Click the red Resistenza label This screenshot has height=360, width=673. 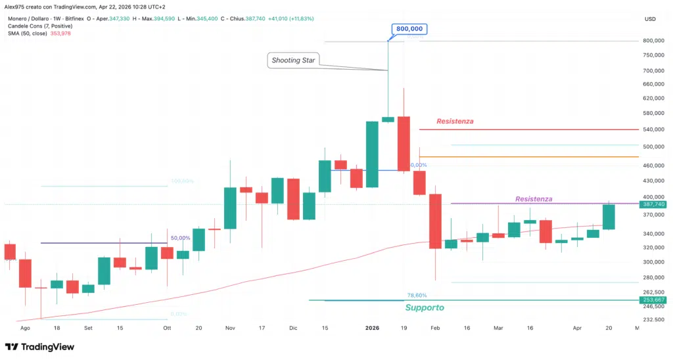[x=455, y=122]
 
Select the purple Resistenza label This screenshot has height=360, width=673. [x=534, y=199]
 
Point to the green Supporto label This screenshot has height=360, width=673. [x=425, y=307]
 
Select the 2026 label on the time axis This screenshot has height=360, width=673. [x=372, y=327]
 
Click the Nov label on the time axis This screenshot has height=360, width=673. [x=230, y=327]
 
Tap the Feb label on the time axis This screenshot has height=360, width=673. [x=434, y=327]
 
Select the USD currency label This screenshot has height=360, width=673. [x=651, y=19]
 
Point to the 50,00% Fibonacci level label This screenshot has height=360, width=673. [x=180, y=238]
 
